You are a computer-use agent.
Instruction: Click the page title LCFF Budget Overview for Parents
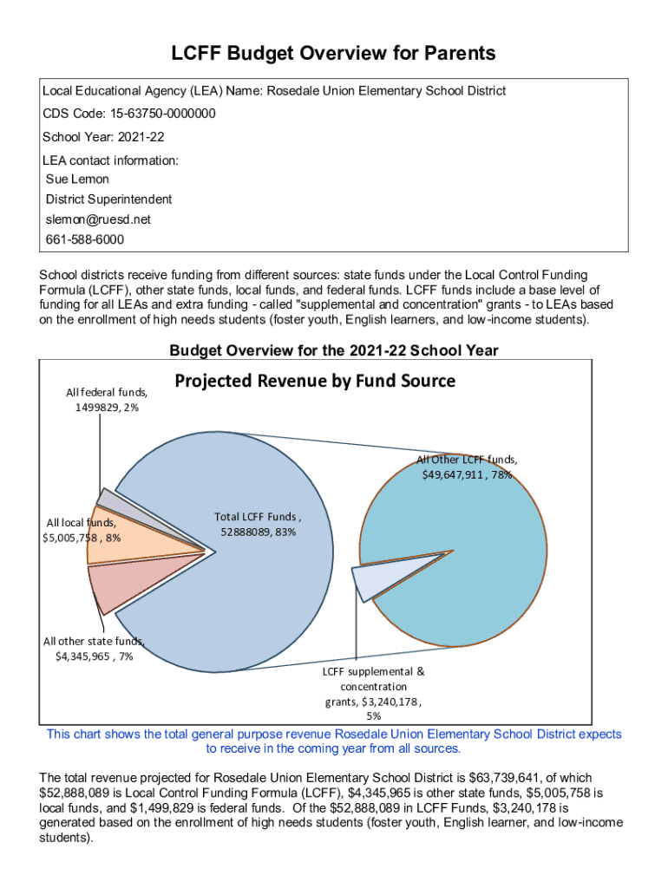[333, 54]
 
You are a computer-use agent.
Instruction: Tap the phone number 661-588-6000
[84, 239]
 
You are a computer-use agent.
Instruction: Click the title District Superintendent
[108, 199]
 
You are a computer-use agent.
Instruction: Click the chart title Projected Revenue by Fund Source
[315, 381]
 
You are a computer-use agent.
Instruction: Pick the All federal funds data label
[107, 399]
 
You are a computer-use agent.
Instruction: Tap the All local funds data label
[83, 530]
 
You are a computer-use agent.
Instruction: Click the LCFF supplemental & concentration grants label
[374, 694]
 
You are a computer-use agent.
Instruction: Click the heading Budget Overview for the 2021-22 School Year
[333, 350]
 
